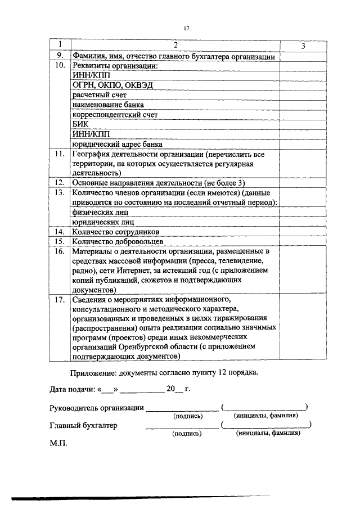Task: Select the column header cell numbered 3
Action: pos(303,46)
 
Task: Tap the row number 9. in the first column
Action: pos(59,56)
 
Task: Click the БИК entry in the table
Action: pos(81,124)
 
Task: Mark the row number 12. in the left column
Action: pos(59,183)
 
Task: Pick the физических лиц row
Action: pos(100,212)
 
